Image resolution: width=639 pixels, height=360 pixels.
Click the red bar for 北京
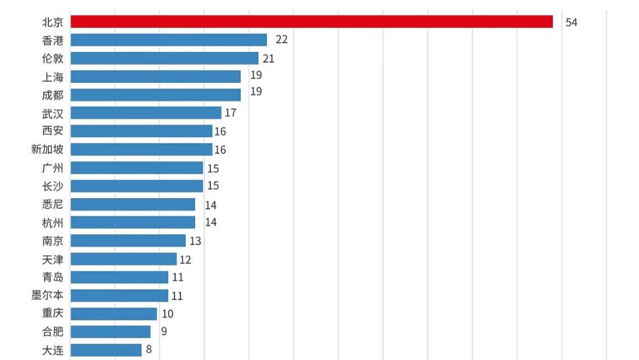point(312,21)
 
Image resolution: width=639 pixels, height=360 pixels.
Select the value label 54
point(571,23)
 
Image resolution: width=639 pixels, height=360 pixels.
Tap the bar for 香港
point(169,40)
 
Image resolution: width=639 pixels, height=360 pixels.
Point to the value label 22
point(281,40)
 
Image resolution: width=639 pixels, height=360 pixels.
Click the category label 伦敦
point(53,58)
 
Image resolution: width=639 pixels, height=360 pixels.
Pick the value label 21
point(268,59)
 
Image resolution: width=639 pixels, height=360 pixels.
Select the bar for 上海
point(155,76)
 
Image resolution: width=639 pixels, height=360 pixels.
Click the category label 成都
point(53,95)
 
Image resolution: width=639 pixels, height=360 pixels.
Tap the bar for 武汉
point(146,113)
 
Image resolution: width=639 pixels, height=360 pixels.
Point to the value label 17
point(231,113)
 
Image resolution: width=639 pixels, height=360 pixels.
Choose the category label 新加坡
point(47,149)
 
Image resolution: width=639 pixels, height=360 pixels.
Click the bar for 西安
point(141,131)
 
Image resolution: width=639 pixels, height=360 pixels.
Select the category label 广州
point(53,168)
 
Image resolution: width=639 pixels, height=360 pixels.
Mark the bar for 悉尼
point(132,204)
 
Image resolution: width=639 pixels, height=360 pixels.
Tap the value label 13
point(195,241)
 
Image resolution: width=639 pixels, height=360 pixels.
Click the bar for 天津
point(124,259)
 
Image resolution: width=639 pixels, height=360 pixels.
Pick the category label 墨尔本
point(47,296)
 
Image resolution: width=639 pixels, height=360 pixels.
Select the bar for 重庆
point(114,314)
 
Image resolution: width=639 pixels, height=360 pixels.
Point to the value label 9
point(164,331)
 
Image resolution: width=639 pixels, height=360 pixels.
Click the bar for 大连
point(106,350)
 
